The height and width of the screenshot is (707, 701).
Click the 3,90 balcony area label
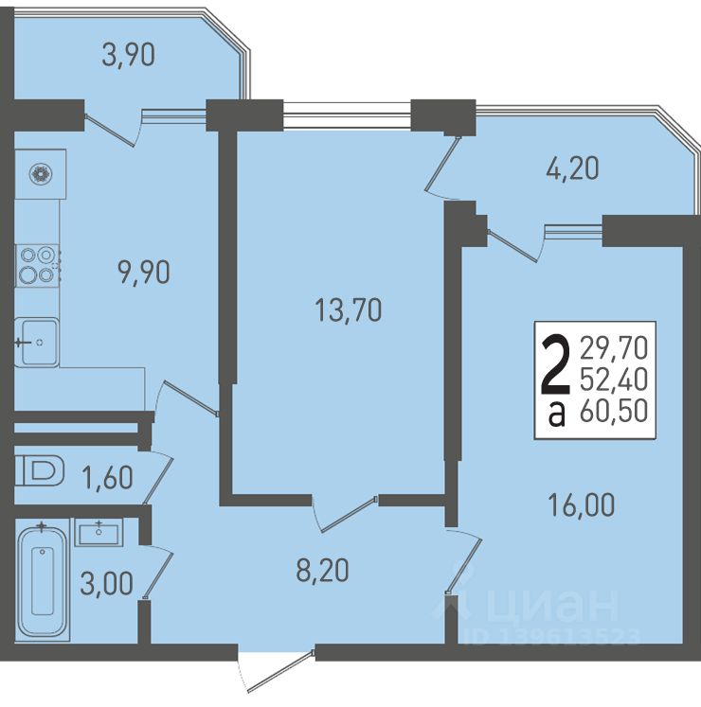[x=129, y=55]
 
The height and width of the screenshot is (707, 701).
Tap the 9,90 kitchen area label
[x=144, y=273]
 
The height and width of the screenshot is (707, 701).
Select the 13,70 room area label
[x=348, y=310]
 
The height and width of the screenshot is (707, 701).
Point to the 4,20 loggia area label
[x=572, y=168]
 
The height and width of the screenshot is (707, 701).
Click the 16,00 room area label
[x=581, y=504]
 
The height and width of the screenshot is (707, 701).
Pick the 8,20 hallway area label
[x=322, y=570]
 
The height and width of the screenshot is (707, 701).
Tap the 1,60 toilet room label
[x=107, y=478]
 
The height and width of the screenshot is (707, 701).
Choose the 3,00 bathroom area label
[x=106, y=583]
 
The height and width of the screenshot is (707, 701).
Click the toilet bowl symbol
[x=40, y=470]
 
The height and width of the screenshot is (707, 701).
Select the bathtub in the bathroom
[x=43, y=580]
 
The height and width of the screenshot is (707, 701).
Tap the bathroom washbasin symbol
[x=99, y=533]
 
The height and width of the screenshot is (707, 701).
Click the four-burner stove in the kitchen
[x=38, y=265]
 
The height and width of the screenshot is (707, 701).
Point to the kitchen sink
[x=37, y=343]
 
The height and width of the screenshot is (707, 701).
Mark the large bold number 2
[x=553, y=364]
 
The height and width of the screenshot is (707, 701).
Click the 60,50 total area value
[x=614, y=411]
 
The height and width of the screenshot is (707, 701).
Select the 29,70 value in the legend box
[x=614, y=348]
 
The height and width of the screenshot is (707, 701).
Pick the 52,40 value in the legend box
[x=614, y=380]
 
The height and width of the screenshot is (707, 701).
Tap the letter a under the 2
[x=557, y=414]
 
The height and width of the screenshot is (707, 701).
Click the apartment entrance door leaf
[x=280, y=670]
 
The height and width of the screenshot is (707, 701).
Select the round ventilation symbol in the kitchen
[x=40, y=174]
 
